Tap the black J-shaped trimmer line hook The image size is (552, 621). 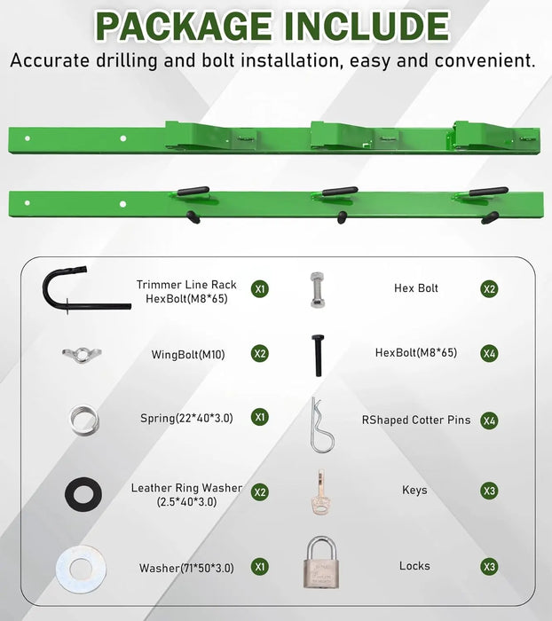62,290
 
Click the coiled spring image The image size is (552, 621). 81,417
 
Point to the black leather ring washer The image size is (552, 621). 82,493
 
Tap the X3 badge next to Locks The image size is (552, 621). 488,566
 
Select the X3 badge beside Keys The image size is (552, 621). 488,491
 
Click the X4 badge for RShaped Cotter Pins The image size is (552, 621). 488,421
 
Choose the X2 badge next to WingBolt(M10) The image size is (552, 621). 259,354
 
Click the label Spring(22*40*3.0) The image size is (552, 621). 186,418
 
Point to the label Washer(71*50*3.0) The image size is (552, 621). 186,568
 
